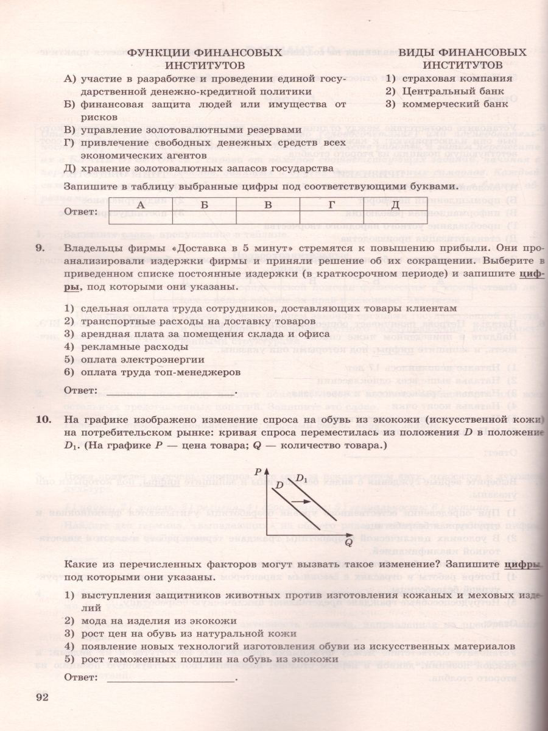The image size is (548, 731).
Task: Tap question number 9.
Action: point(41,249)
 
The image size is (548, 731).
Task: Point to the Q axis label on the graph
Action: point(348,542)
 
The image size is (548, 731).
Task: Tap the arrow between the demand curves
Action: point(298,500)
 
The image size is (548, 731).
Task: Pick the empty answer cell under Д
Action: point(395,217)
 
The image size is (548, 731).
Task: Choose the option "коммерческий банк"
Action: point(455,104)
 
